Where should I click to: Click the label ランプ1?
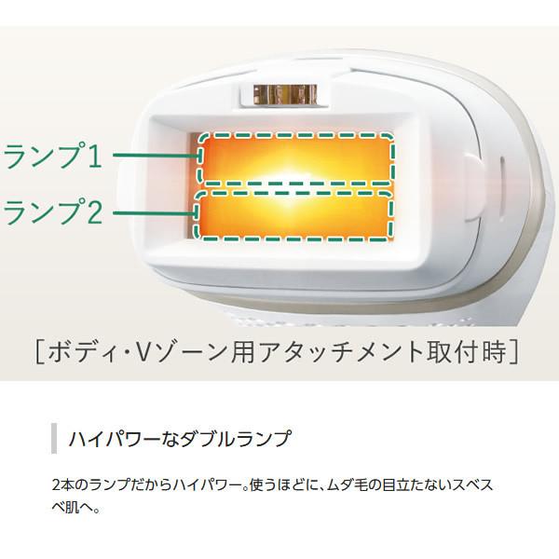pyautogui.click(x=53, y=157)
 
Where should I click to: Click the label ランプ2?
pyautogui.click(x=53, y=212)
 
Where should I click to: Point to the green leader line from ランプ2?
pyautogui.click(x=154, y=213)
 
